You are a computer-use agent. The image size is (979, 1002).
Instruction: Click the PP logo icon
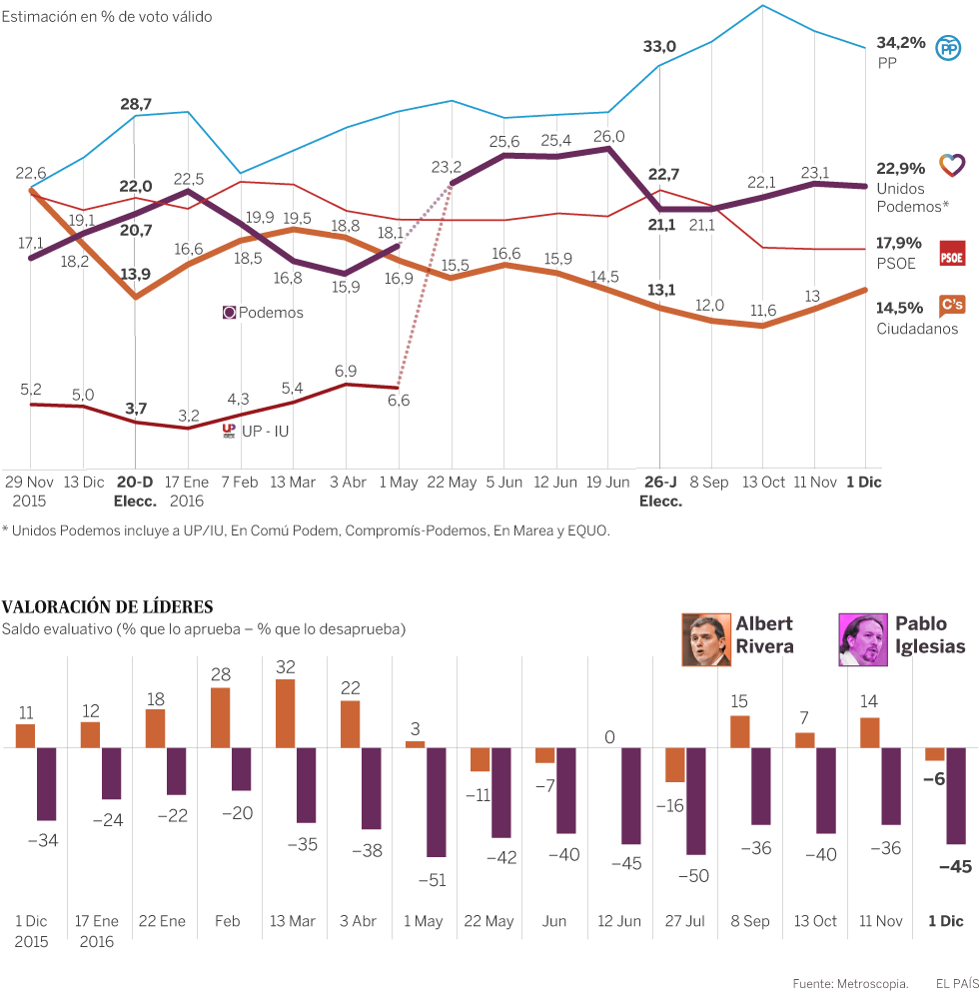point(948,48)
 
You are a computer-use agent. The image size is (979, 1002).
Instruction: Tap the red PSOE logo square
point(952,254)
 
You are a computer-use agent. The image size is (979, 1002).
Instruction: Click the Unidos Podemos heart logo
point(952,165)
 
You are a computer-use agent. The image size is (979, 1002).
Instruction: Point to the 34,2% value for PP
point(900,43)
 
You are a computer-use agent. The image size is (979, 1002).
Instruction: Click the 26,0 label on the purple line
point(608,136)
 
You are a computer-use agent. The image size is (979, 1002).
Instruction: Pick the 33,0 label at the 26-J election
point(659,46)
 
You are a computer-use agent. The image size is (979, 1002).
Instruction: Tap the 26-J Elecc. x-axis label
point(661,491)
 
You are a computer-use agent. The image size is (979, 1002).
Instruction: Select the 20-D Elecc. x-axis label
point(135,491)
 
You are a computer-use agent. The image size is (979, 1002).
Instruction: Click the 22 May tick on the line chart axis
point(453,482)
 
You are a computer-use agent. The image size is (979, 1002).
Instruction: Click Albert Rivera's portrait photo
point(706,639)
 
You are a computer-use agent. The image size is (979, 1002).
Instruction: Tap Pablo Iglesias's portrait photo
point(863,639)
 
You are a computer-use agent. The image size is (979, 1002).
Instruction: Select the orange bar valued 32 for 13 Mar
point(285,713)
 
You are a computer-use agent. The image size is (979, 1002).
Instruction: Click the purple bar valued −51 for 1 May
point(437,801)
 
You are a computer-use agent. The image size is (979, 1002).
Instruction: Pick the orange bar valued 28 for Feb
point(220,717)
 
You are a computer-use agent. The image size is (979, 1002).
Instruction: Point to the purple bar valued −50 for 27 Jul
point(696,800)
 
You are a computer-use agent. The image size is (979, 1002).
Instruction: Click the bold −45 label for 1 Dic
point(955,867)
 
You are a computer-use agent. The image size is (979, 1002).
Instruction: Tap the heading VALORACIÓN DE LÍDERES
point(107,607)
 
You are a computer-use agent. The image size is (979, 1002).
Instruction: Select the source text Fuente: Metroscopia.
point(850,983)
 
